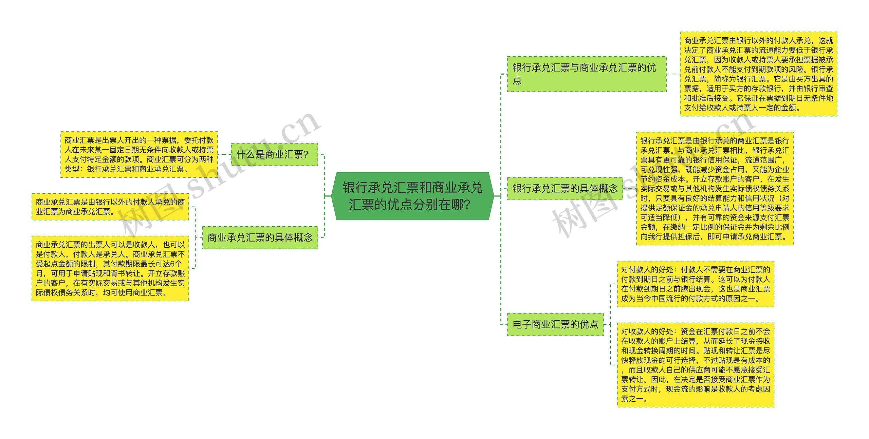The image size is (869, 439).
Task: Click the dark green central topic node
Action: [412, 196]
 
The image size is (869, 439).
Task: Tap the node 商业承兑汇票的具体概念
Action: [260, 237]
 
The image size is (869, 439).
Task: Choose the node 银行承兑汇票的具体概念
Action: [565, 188]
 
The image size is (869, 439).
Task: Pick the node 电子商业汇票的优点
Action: [555, 324]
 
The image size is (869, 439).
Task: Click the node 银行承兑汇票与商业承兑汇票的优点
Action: [587, 74]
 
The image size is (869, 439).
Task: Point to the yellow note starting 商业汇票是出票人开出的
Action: [139, 154]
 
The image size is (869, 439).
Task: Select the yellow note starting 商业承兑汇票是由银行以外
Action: [110, 207]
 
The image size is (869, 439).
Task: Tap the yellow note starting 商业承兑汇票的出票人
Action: [110, 268]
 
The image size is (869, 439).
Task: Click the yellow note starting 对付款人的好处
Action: [695, 284]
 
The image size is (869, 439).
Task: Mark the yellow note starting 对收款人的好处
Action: [695, 365]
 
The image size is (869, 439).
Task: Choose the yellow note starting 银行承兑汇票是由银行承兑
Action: [715, 188]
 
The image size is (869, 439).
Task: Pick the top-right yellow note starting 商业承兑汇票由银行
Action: [758, 74]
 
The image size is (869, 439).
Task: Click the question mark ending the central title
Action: [466, 205]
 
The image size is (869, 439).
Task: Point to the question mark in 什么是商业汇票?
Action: [306, 155]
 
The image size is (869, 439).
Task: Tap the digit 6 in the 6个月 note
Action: [172, 264]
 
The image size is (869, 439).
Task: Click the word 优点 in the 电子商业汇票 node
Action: [589, 324]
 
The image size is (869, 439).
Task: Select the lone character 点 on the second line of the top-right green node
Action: [517, 80]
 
